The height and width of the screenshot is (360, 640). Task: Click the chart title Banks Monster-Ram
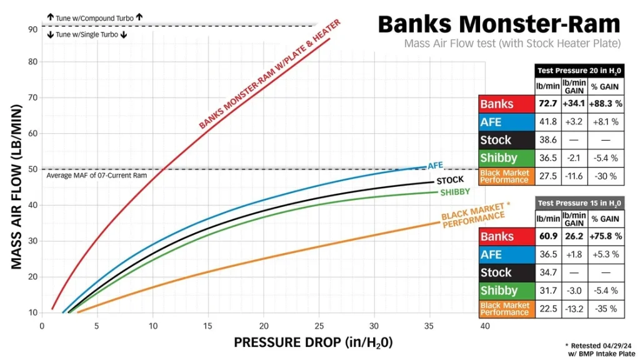click(x=499, y=24)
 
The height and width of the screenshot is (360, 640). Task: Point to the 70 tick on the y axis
click(x=32, y=97)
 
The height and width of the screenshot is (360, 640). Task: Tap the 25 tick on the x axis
click(x=319, y=326)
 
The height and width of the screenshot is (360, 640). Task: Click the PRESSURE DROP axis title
click(x=313, y=342)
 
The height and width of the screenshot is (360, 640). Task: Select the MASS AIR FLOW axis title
click(x=16, y=187)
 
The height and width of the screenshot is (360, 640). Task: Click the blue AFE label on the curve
click(x=435, y=165)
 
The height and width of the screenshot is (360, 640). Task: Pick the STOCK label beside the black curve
click(x=450, y=180)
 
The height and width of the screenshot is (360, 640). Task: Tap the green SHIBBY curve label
click(x=455, y=192)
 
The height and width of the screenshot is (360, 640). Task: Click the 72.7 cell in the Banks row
click(x=547, y=104)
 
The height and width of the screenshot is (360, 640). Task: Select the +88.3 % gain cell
click(x=606, y=104)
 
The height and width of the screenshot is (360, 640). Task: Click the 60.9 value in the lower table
click(x=547, y=236)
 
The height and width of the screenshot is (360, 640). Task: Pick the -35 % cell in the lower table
click(x=606, y=309)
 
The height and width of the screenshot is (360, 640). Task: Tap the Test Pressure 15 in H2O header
click(x=579, y=203)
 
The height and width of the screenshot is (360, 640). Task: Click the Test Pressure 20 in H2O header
click(x=579, y=71)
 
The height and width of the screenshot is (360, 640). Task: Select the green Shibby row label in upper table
click(x=506, y=158)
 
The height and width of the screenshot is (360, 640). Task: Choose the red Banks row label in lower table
click(x=506, y=236)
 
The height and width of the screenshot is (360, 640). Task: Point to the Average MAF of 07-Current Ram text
click(x=97, y=176)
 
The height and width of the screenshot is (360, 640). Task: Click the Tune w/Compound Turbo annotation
click(x=95, y=18)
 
